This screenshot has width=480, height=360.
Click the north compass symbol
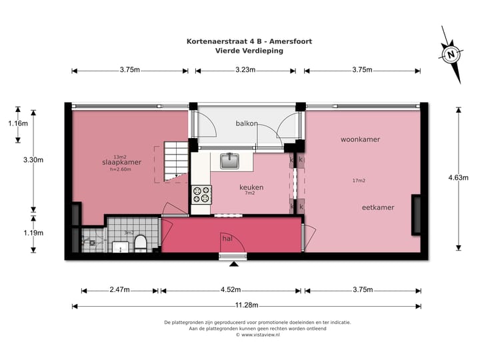[451, 54]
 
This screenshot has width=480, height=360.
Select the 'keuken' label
[251, 187]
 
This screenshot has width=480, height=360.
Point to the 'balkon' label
[247, 123]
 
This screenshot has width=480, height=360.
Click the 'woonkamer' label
[360, 139]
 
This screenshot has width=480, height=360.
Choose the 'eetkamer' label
[378, 207]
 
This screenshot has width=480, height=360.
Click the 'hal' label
[227, 237]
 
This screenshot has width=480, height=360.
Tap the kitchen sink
[231, 161]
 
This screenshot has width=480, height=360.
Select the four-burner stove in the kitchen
[201, 194]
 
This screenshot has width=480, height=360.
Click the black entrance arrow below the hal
[234, 264]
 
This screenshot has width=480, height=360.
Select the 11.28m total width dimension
[246, 306]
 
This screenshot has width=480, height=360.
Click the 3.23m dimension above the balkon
[246, 70]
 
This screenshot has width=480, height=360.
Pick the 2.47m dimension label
[120, 290]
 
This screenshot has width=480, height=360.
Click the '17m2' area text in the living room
[360, 181]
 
